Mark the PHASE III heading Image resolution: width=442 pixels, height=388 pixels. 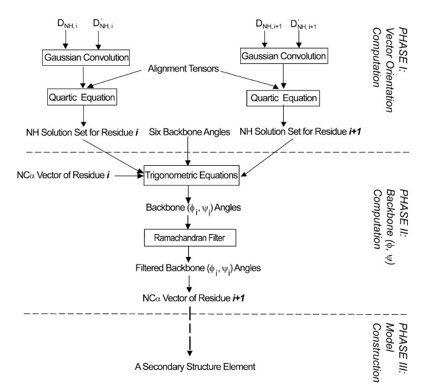click(x=404, y=351)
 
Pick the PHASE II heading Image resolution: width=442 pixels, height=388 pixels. click(x=404, y=230)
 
